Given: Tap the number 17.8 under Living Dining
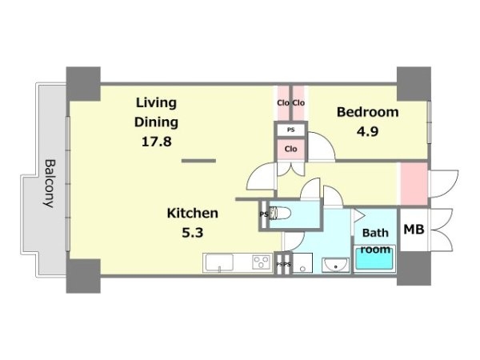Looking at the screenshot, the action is click(157, 142).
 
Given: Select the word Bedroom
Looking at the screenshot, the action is click(368, 112).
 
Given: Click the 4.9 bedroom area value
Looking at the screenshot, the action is click(367, 132).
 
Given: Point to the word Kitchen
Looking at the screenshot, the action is click(193, 213).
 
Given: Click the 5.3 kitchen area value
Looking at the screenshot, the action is click(193, 233).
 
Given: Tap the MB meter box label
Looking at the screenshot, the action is click(414, 230).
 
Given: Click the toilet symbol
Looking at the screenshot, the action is click(280, 214).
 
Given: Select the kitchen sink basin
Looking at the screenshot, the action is click(219, 262).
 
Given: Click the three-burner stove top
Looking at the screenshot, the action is click(261, 262).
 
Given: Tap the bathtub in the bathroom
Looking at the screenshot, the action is click(374, 259).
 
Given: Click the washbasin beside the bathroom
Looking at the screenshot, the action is click(335, 265).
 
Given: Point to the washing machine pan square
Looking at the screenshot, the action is click(302, 262).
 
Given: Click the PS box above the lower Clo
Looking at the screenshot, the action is click(291, 130).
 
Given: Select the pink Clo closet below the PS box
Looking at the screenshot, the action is click(291, 149).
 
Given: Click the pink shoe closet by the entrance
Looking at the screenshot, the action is click(414, 183).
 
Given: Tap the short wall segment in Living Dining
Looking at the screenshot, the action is click(198, 161).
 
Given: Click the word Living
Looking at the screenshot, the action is click(156, 103).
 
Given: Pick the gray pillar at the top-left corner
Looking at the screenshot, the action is click(83, 84).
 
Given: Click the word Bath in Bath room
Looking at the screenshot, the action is click(375, 233).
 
